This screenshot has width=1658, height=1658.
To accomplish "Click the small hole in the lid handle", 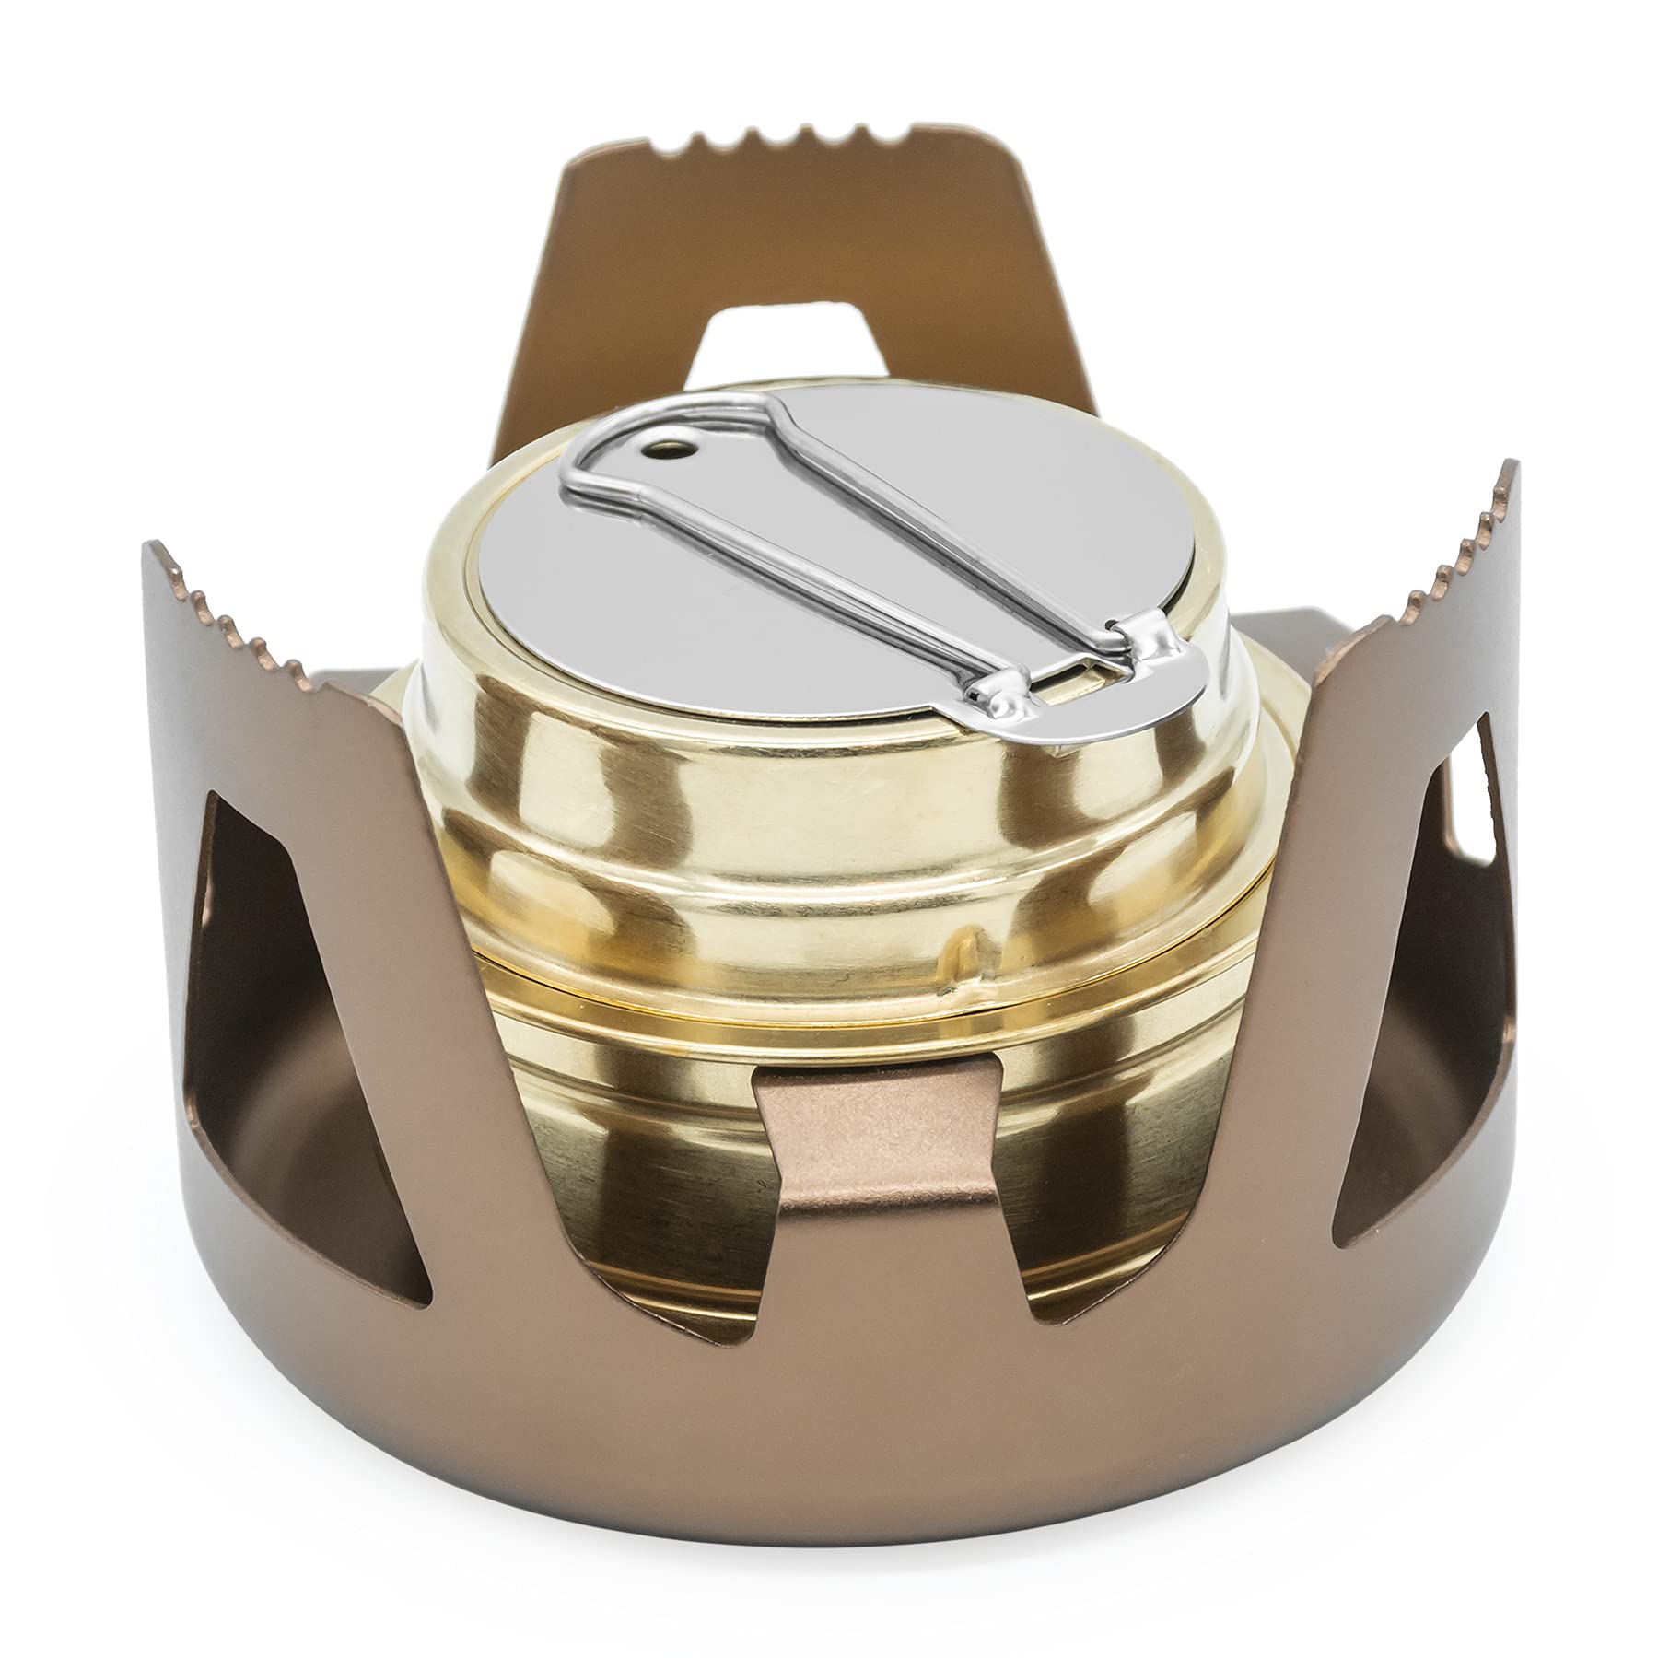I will coord(656,450).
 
